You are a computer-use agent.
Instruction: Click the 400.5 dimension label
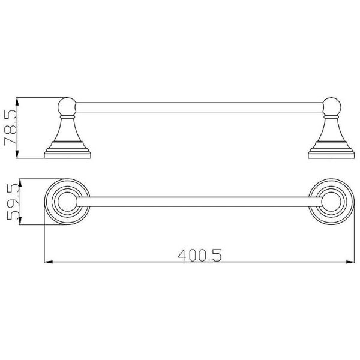click(200, 256)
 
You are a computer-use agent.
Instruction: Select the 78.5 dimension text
click(11, 128)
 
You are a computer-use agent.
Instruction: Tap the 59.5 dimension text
click(13, 202)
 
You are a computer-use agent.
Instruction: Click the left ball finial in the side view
click(67, 107)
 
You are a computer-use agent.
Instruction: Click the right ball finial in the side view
click(332, 107)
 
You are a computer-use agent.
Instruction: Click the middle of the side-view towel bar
click(199, 107)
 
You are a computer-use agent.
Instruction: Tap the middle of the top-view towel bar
click(199, 202)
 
